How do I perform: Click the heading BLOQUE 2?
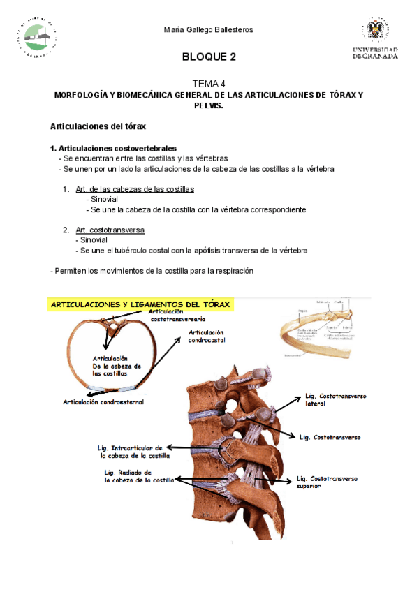pos(209,57)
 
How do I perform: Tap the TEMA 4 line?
pos(209,82)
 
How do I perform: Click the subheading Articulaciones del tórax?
pos(97,127)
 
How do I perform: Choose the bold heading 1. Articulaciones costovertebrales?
pos(113,149)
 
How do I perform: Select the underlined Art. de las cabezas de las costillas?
pos(134,189)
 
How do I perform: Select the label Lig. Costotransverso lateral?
pos(335,400)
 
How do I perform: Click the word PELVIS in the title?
pos(209,105)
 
